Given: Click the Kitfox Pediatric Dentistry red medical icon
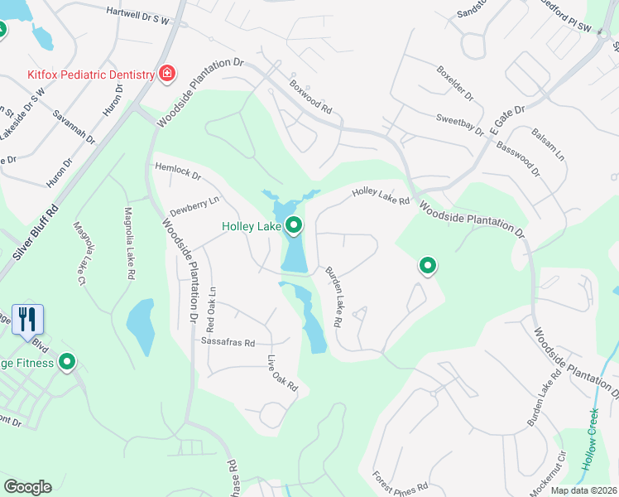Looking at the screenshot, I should pyautogui.click(x=167, y=75).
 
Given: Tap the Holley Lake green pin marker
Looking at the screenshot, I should pyautogui.click(x=294, y=224).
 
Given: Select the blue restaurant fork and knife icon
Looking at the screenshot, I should pyautogui.click(x=27, y=319).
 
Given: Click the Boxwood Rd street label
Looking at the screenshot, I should pyautogui.click(x=310, y=97).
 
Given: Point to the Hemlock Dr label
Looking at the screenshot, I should pyautogui.click(x=178, y=171).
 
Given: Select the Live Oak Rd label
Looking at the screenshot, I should pyautogui.click(x=281, y=373).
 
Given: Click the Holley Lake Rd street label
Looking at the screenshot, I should pyautogui.click(x=381, y=195).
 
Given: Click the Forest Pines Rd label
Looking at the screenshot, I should pyautogui.click(x=400, y=481).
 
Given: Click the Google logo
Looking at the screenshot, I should pyautogui.click(x=27, y=487).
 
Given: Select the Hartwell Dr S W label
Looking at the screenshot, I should pyautogui.click(x=149, y=15).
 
